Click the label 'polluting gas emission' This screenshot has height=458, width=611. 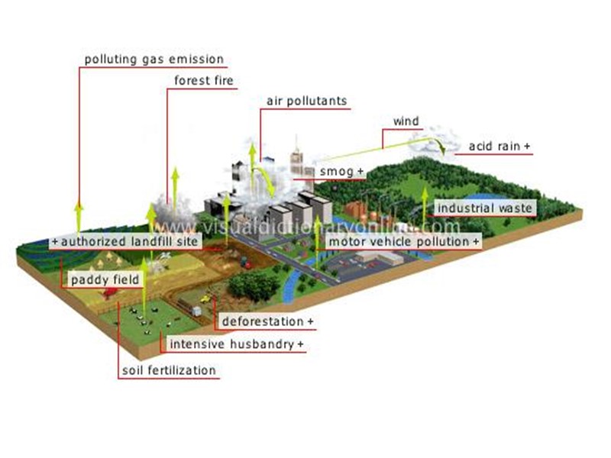(154, 59)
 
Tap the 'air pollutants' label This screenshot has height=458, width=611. (306, 101)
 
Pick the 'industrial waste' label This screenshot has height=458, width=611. (484, 208)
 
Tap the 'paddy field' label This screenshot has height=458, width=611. (105, 280)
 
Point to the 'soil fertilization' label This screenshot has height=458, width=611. (169, 371)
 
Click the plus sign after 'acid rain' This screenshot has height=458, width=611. (527, 146)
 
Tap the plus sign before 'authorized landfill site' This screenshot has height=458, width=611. (55, 242)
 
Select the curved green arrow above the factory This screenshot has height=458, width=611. (263, 179)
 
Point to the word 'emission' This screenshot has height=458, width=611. (200, 59)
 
